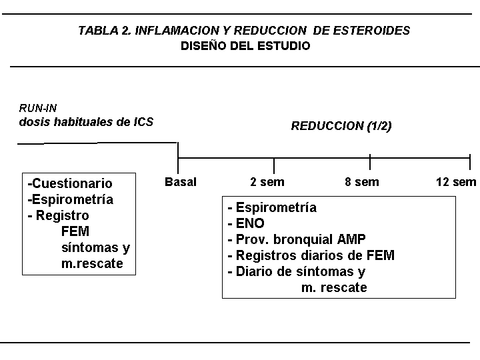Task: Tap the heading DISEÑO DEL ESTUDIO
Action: point(245,46)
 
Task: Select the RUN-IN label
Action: point(37,108)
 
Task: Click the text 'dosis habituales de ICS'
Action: point(86,122)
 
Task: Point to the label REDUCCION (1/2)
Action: point(341,126)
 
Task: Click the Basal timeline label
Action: point(181,182)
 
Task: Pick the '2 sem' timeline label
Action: point(267,182)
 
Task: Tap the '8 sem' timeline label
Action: point(362,182)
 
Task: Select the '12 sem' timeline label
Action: point(456,182)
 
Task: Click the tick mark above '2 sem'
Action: point(274,166)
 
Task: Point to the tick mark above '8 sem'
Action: point(370,162)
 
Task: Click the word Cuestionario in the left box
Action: point(72,183)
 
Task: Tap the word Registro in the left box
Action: point(63,215)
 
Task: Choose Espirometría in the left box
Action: point(73,199)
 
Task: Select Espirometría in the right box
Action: point(276,207)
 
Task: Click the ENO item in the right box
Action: point(250,223)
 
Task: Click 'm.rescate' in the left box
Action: point(92,263)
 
